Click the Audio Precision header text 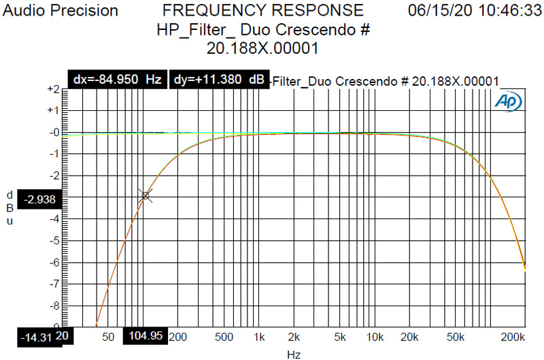[59, 11]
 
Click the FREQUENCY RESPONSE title [263, 11]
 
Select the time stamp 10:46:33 [504, 11]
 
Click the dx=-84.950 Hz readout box [116, 80]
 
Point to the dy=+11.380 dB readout [218, 80]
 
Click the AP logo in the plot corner [508, 101]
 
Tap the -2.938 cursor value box [42, 199]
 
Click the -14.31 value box [36, 336]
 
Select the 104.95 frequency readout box [145, 336]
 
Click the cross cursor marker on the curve [146, 196]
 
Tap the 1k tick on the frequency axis [258, 336]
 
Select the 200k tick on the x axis [513, 336]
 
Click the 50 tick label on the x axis [107, 336]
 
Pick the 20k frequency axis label [409, 336]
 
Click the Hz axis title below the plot [293, 354]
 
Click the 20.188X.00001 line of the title [263, 49]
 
